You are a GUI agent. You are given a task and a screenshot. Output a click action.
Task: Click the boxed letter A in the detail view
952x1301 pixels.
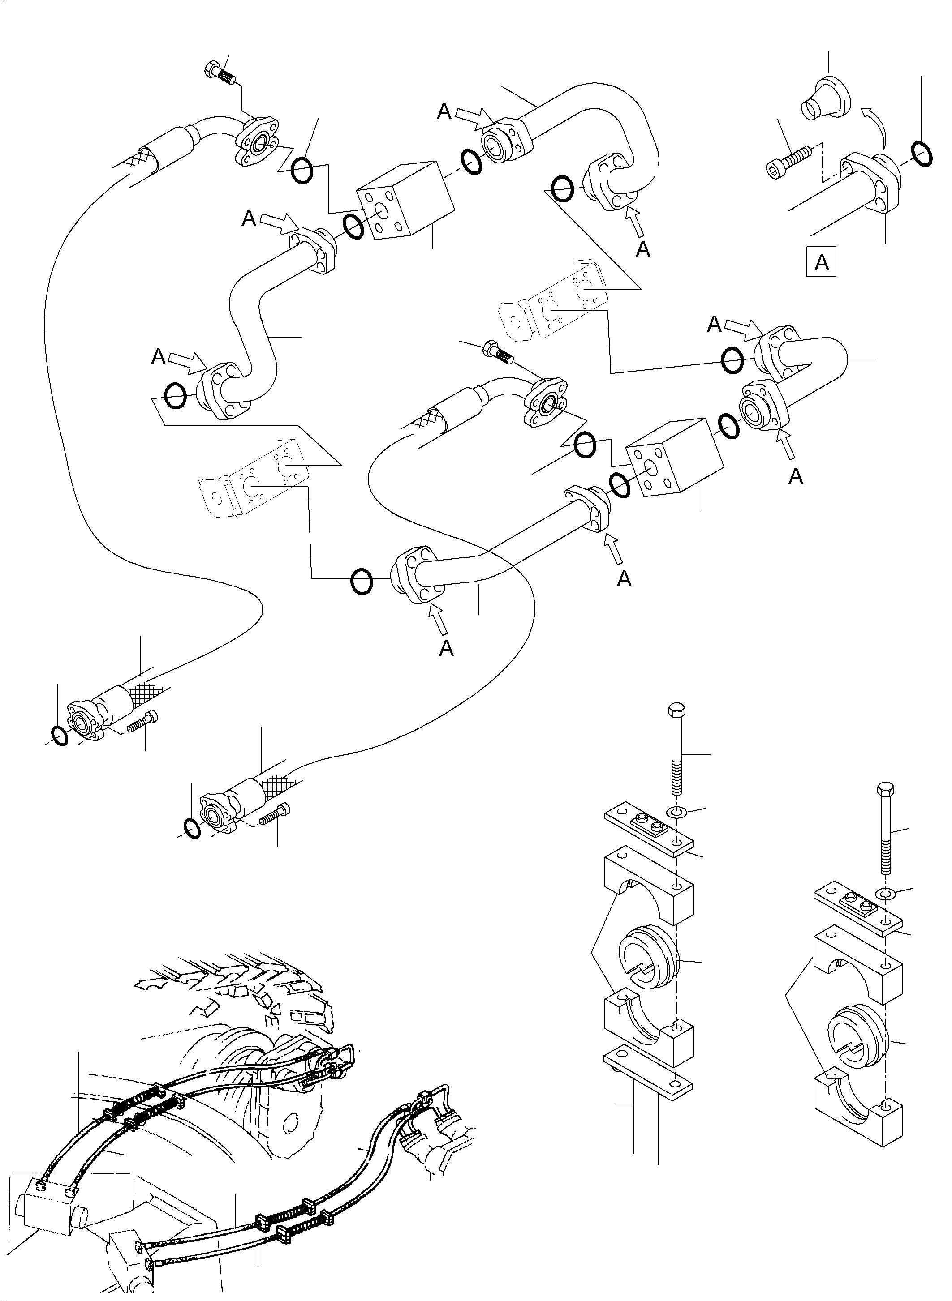[x=821, y=263]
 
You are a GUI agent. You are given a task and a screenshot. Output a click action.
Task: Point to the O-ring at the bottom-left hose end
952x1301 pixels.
[x=59, y=736]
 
